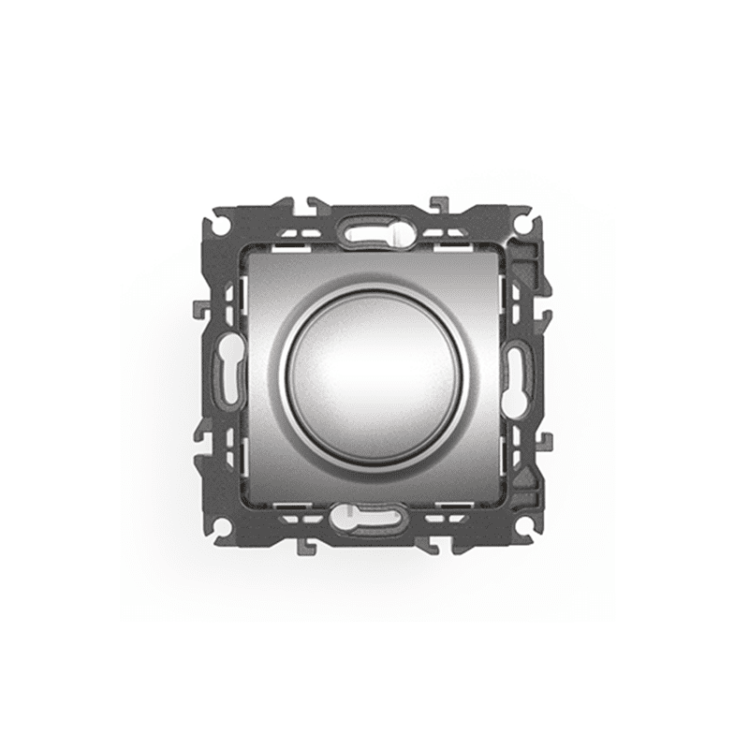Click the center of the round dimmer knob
click(374, 375)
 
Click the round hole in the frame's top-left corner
click(217, 225)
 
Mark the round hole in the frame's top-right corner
click(531, 225)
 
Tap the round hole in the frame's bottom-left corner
click(217, 527)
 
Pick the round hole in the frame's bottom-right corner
click(531, 527)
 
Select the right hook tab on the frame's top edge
click(440, 204)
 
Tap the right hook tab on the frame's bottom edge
click(440, 546)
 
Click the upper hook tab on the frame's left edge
click(198, 309)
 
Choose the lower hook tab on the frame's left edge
click(198, 438)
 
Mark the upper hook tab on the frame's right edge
click(548, 309)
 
